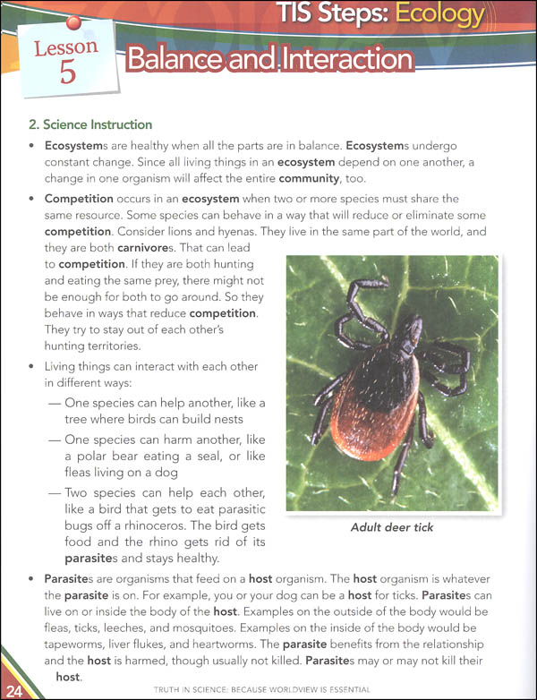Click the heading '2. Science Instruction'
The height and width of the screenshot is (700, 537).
[x=89, y=124]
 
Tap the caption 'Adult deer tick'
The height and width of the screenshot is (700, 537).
[x=392, y=527]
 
